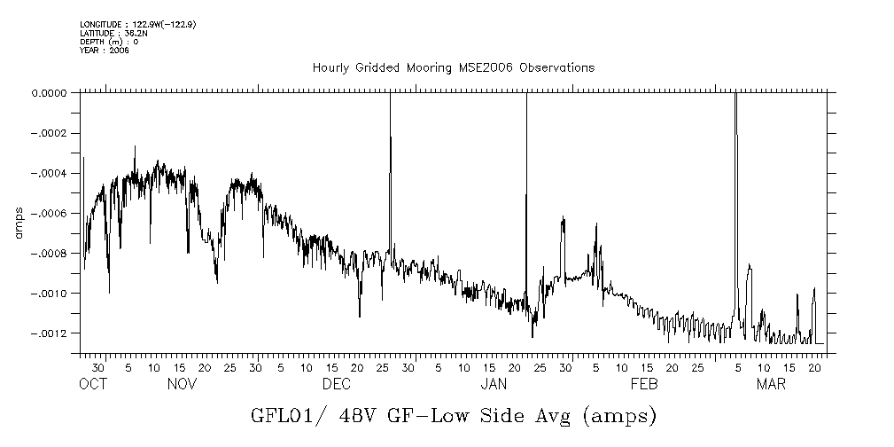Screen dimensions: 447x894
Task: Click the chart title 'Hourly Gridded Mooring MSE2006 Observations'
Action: tap(453, 68)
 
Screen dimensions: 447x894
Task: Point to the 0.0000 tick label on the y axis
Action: tap(50, 93)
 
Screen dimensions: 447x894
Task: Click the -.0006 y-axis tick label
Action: tap(50, 213)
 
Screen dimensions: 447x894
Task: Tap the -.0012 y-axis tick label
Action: tap(50, 333)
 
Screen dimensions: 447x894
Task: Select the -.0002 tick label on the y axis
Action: tap(50, 133)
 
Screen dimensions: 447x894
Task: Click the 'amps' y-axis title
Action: tap(18, 222)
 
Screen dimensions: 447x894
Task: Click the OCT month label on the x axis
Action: tap(93, 384)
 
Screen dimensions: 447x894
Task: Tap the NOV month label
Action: tap(182, 384)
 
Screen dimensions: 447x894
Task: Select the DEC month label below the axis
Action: tap(337, 384)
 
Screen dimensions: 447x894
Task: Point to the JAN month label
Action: tap(494, 384)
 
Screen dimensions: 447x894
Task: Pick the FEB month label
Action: tap(644, 384)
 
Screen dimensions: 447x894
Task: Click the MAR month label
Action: tap(771, 384)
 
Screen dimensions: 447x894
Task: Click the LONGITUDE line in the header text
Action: tap(137, 24)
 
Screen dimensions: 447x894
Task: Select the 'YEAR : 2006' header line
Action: tap(105, 51)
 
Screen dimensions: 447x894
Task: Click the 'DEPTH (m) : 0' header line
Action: tap(109, 42)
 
